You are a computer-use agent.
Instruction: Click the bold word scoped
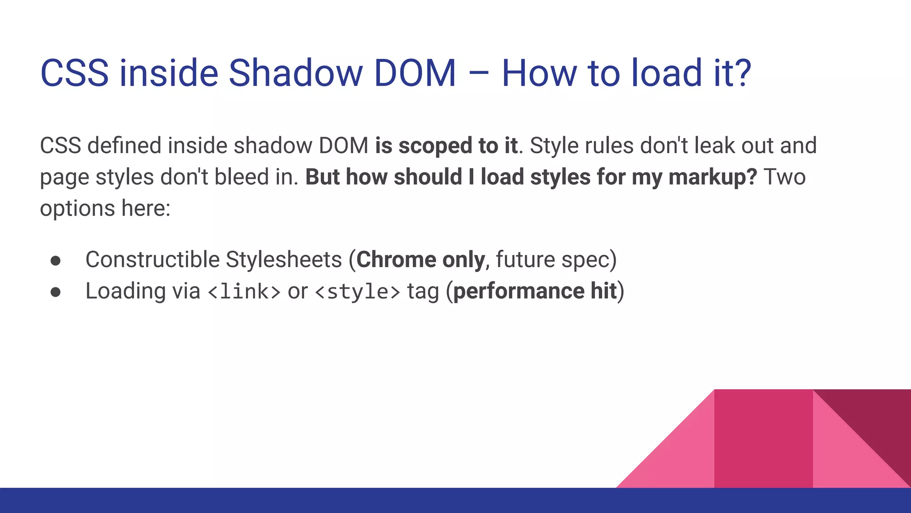(435, 146)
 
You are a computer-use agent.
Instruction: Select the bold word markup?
(713, 178)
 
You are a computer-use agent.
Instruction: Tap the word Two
(785, 177)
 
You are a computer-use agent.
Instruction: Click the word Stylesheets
(283, 260)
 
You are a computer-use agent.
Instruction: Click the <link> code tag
(244, 292)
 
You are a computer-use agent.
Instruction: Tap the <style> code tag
(357, 292)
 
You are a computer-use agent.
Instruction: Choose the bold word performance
(518, 292)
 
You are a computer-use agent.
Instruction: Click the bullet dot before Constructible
(56, 261)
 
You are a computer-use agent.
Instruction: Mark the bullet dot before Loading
(56, 292)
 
